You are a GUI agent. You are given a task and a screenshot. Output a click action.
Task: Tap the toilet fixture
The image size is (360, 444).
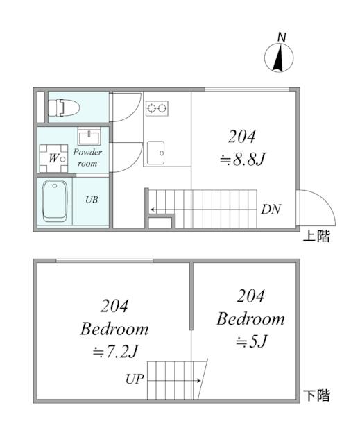(x=64, y=108)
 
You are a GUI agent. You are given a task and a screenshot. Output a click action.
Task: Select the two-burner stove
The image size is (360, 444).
(x=157, y=108)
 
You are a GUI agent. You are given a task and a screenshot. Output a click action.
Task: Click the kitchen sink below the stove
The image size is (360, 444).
(x=155, y=153)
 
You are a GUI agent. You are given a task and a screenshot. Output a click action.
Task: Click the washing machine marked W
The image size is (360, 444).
(x=53, y=158)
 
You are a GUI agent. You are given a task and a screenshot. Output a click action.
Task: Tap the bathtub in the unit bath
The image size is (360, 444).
(x=55, y=201)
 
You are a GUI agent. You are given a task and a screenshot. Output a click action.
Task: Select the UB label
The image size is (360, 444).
(x=92, y=200)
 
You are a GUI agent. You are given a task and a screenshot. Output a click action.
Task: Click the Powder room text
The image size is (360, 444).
(x=87, y=157)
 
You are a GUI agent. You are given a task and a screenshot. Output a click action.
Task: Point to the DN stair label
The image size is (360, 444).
(x=271, y=210)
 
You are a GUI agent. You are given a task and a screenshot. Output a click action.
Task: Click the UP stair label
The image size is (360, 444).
(x=135, y=379)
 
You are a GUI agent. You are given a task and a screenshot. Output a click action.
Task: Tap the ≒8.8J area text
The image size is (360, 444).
(x=242, y=160)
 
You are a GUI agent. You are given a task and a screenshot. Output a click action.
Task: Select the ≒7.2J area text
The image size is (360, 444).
(x=115, y=352)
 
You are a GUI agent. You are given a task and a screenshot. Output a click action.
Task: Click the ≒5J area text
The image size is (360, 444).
(x=251, y=341)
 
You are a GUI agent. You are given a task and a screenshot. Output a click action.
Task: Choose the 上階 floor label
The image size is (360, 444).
(x=316, y=236)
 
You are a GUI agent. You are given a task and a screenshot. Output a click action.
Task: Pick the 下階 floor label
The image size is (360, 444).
(x=316, y=395)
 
